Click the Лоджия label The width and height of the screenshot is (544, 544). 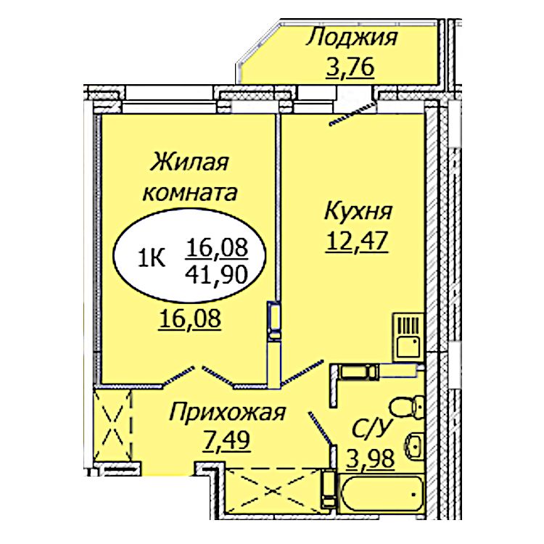(x=352, y=38)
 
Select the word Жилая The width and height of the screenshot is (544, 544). (x=189, y=161)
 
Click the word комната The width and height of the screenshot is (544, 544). (x=190, y=192)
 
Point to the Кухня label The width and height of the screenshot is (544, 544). (x=358, y=213)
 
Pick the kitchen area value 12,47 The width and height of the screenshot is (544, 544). (x=357, y=240)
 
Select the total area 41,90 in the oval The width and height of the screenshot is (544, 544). (x=217, y=274)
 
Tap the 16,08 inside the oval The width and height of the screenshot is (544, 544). (x=217, y=248)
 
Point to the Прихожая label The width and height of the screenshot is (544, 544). (x=228, y=413)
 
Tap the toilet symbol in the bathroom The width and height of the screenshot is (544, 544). (x=405, y=406)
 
